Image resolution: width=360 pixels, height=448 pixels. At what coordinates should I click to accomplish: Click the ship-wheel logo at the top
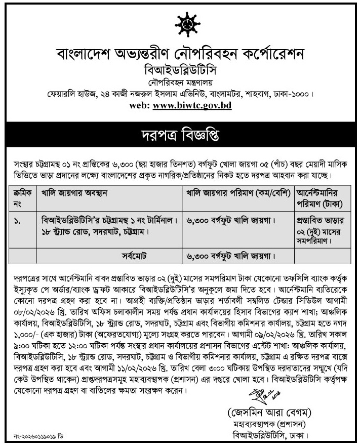click(180, 24)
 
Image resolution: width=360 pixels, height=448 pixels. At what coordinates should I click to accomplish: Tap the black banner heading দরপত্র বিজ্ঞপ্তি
click(180, 136)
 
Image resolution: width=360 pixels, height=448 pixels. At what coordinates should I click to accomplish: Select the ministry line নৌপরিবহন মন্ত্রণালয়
click(180, 81)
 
